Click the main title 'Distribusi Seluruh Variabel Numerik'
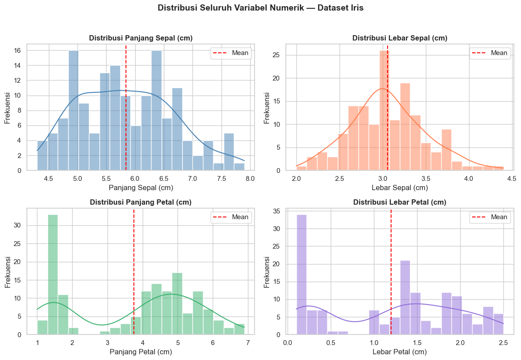click(x=260, y=8)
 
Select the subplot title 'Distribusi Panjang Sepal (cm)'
click(x=141, y=38)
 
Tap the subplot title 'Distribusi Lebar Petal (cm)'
click(x=400, y=202)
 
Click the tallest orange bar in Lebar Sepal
click(x=384, y=110)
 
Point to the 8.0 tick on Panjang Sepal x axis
click(x=250, y=179)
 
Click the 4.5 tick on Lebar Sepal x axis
click(x=512, y=179)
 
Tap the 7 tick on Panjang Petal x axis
click(x=248, y=343)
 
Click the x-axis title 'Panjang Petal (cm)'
click(x=140, y=352)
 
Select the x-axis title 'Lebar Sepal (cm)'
click(x=400, y=188)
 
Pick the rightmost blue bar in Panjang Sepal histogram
click(x=239, y=167)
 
